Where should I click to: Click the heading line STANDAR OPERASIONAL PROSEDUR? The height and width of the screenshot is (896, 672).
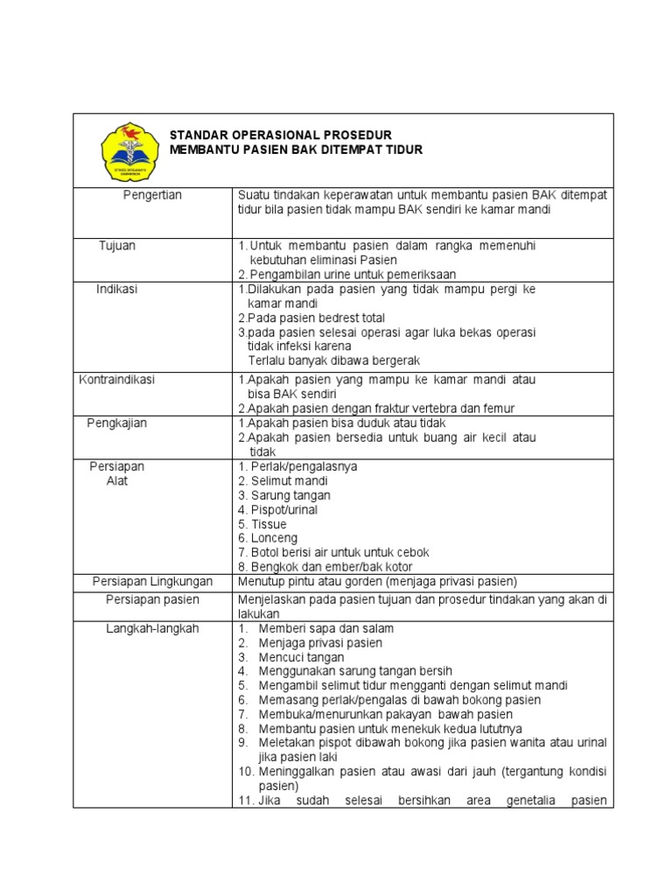pos(280,135)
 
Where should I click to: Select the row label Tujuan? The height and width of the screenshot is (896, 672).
pos(117,246)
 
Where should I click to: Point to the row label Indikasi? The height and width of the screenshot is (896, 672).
pos(117,289)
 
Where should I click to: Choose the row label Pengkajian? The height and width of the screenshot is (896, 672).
pos(117,423)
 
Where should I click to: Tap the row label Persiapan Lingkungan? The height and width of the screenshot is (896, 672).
pos(152,582)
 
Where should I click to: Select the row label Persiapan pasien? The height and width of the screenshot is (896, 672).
pos(152,599)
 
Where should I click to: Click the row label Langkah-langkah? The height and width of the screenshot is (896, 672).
pos(152,628)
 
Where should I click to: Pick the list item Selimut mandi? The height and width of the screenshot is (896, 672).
pos(283,481)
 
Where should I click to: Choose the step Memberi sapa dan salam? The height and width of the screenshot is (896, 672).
pos(325,628)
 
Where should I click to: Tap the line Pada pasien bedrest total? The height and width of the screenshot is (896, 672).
pos(311,318)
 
